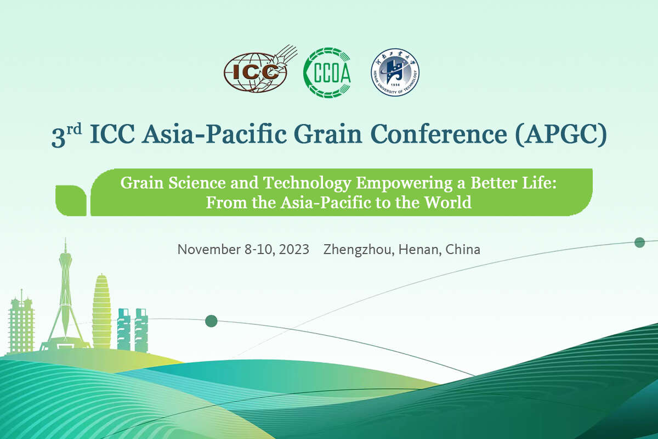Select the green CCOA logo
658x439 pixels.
point(327,72)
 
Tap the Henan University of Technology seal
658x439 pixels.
point(395,72)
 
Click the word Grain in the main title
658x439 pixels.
point(327,134)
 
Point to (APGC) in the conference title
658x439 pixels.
point(561,135)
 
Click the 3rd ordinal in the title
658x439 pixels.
point(67,135)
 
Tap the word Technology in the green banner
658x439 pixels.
point(307,183)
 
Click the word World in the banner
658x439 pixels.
point(448,202)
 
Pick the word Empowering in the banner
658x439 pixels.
point(404,183)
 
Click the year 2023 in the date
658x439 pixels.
point(294,250)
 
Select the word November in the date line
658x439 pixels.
point(209,250)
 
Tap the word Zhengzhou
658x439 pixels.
point(359,250)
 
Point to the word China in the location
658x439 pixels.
point(463,250)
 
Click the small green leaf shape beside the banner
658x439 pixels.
point(71,200)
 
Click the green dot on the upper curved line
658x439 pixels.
point(639,243)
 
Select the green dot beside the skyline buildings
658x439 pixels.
point(211,321)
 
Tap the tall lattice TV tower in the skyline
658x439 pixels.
point(65,297)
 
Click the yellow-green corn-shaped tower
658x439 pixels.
point(101,311)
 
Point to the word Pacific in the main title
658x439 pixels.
point(246,134)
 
